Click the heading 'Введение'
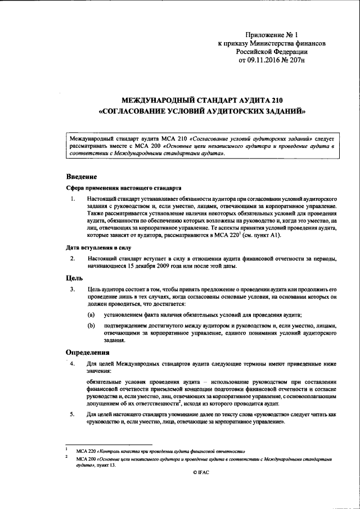click(x=82, y=177)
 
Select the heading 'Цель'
click(x=75, y=277)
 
